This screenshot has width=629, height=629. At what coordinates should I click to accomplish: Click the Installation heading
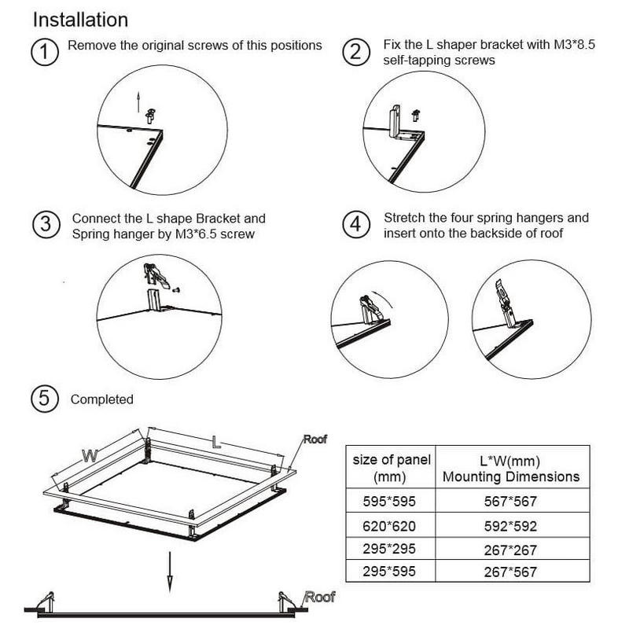tap(80, 20)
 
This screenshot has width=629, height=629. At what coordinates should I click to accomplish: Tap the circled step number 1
tap(45, 52)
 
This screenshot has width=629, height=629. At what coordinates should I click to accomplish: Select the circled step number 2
tap(356, 52)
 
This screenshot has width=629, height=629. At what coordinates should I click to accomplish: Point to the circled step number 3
tap(46, 224)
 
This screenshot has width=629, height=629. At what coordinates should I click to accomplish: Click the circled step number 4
tap(356, 224)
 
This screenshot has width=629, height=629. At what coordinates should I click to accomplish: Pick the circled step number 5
tap(45, 399)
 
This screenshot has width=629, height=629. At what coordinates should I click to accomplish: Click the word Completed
tap(102, 399)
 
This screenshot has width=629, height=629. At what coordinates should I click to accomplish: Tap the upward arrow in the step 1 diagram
tap(138, 102)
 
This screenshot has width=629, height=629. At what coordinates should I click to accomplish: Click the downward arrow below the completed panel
tap(170, 572)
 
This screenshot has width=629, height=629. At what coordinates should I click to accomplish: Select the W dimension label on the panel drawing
tap(90, 456)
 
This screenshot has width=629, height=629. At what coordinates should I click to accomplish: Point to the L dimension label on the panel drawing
tap(216, 442)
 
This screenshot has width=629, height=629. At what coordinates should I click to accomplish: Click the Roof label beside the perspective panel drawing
tap(315, 440)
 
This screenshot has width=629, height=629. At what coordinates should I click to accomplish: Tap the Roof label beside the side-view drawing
tap(320, 597)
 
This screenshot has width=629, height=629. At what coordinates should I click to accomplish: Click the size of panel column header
tap(391, 468)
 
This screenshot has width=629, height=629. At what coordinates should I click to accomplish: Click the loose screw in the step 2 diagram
tap(416, 115)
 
